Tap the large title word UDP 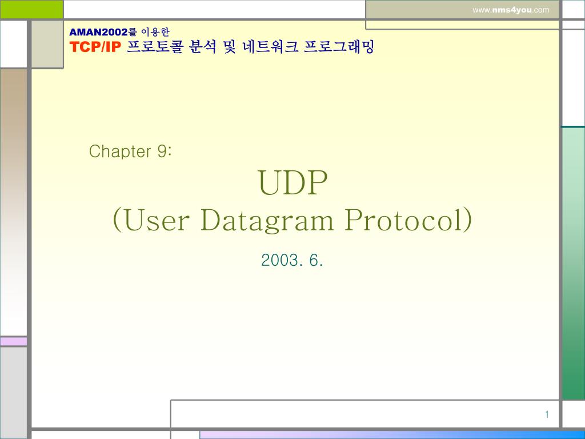[x=293, y=183]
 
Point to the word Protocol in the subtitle [x=408, y=221]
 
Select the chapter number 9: [x=164, y=151]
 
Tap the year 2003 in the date [x=281, y=261]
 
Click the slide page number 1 [x=547, y=415]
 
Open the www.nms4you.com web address [x=511, y=10]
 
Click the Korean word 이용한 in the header [x=155, y=32]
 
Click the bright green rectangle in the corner [x=31, y=9]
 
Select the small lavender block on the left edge [x=13, y=341]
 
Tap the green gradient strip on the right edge [x=573, y=263]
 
